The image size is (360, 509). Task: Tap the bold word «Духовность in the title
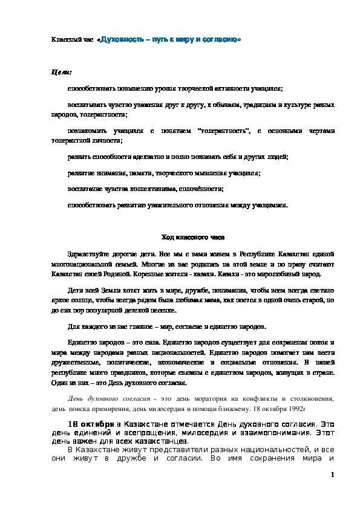coord(119,39)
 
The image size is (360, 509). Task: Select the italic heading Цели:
coord(61,72)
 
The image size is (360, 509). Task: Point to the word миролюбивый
coord(273,273)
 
